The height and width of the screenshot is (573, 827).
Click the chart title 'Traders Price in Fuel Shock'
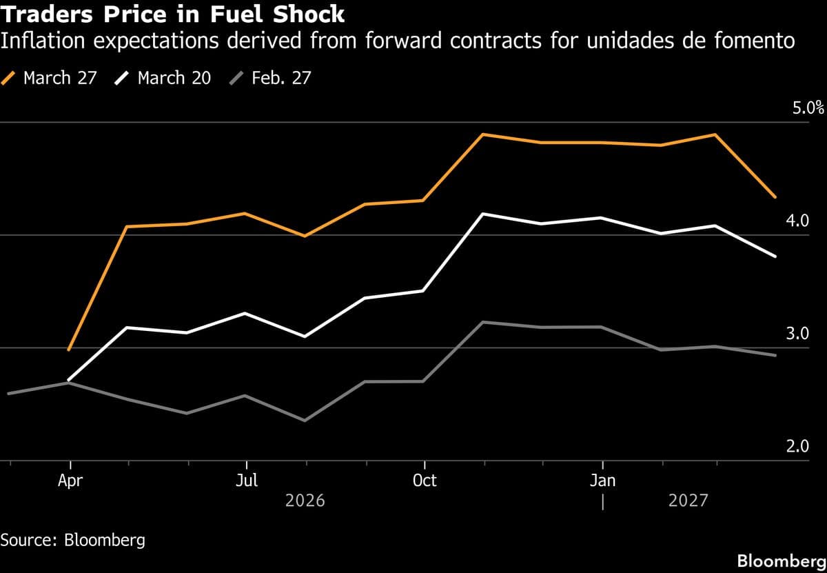pos(173,14)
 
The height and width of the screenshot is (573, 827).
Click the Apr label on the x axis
pos(70,481)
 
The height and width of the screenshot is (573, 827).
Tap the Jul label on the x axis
pos(247,481)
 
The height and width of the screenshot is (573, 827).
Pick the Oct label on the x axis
pos(425,481)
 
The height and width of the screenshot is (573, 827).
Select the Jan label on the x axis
pos(603,481)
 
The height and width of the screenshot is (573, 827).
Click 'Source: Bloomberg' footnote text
pos(73,539)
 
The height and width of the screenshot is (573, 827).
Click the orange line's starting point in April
pos(70,350)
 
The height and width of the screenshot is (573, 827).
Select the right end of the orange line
pos(776,197)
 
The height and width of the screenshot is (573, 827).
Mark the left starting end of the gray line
pos(8,393)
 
